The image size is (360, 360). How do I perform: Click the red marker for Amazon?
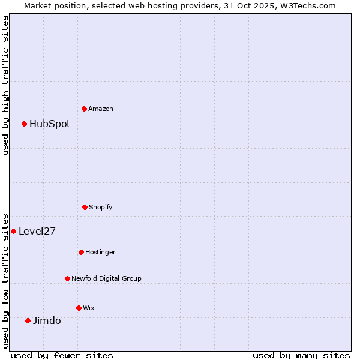tap(85, 109)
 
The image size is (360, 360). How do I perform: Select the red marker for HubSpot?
tap(25, 124)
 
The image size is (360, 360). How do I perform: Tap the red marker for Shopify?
tap(85, 207)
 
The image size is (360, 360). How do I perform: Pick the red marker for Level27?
tap(14, 231)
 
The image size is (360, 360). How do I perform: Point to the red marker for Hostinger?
tap(81, 252)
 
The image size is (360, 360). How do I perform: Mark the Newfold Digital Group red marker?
tap(67, 278)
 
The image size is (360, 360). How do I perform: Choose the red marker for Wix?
tap(79, 308)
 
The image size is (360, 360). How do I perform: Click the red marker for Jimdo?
tap(28, 320)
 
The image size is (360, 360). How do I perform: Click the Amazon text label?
tap(101, 109)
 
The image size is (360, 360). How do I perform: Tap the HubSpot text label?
tap(50, 124)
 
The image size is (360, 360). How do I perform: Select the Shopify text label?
tap(101, 208)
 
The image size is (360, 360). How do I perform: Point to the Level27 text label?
tap(37, 232)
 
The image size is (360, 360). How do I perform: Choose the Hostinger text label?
tap(100, 253)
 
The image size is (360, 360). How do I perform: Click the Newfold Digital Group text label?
tap(106, 279)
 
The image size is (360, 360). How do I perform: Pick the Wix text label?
tap(89, 308)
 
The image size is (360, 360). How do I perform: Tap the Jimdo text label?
tap(47, 321)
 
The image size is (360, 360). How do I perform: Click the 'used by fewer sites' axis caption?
tap(62, 356)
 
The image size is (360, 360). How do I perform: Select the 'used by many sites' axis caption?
tap(301, 356)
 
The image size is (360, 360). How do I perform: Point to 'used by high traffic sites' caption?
tap(5, 85)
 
